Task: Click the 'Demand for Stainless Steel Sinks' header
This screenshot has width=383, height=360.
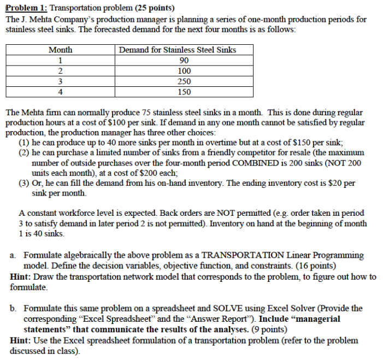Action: [178, 50]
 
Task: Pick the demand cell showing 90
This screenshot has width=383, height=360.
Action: [184, 60]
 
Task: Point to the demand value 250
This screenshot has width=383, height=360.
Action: [184, 81]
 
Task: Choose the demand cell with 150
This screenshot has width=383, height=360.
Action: [184, 92]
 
